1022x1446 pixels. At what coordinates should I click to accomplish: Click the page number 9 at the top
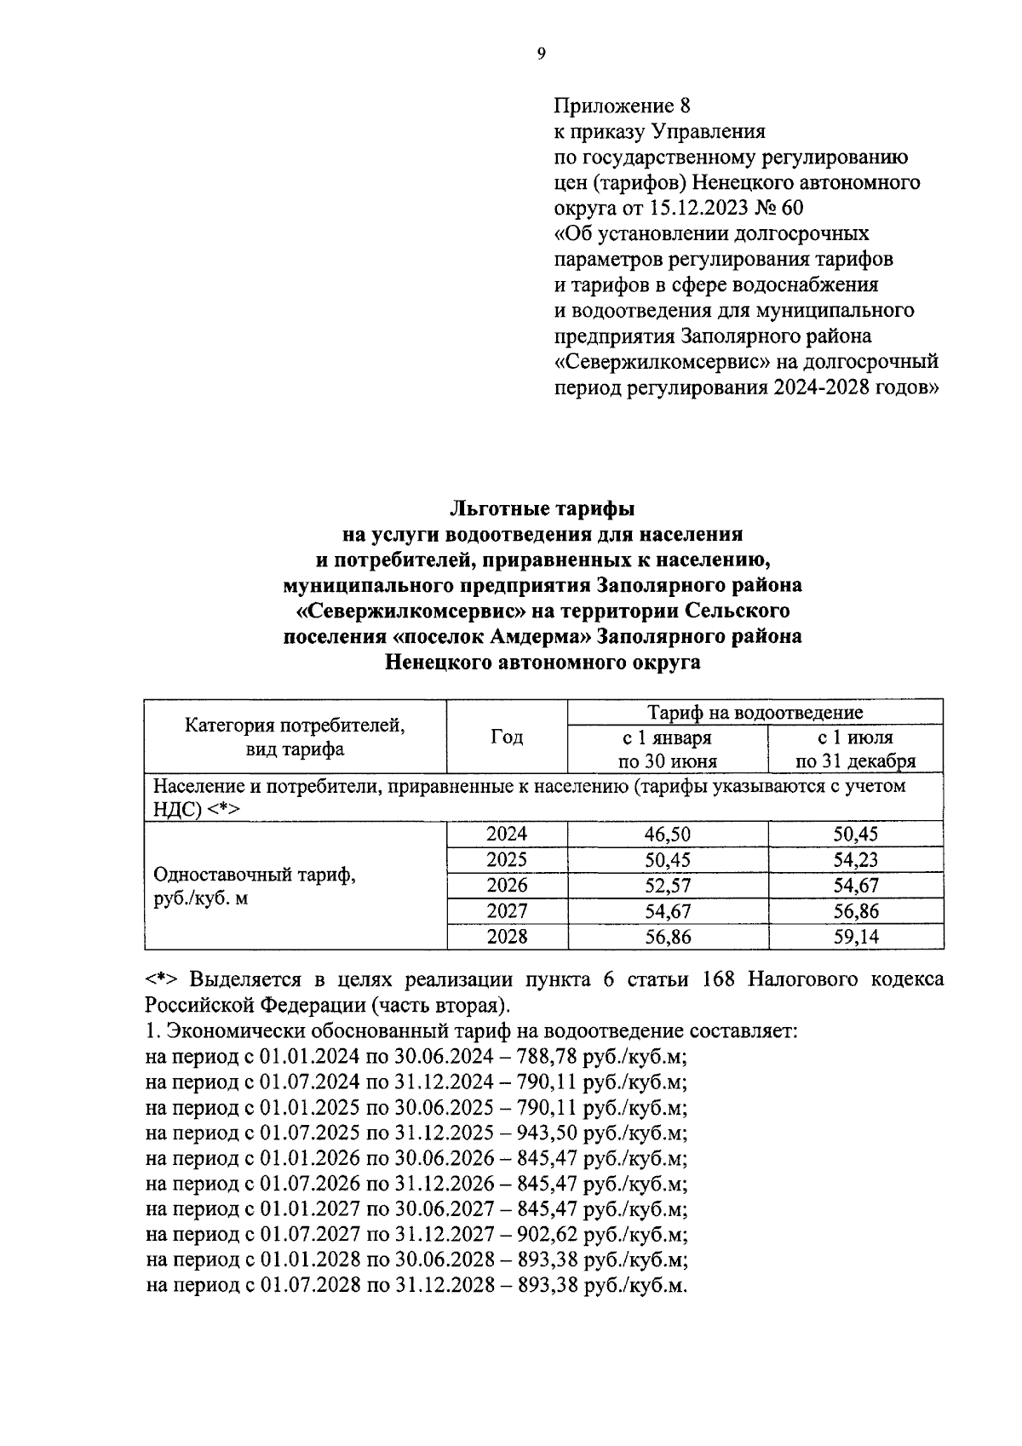click(x=542, y=55)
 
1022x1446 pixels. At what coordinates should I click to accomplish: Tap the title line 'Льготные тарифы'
click(x=543, y=509)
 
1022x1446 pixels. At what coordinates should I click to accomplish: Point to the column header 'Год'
click(x=507, y=737)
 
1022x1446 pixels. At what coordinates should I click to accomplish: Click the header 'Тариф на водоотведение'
click(x=755, y=712)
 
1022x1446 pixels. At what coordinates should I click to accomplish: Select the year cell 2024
click(x=507, y=835)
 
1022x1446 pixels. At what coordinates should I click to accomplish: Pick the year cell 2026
click(x=507, y=886)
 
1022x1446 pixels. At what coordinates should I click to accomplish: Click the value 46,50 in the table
click(x=668, y=835)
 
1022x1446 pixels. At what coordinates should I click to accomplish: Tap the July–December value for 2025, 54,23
click(x=855, y=860)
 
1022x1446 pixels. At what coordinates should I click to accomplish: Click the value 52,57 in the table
click(x=668, y=886)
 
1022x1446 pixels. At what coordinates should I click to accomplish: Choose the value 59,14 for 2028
click(x=855, y=937)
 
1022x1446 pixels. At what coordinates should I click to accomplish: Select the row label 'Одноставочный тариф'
click(x=254, y=875)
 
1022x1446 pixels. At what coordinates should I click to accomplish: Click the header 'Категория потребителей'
click(x=295, y=726)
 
